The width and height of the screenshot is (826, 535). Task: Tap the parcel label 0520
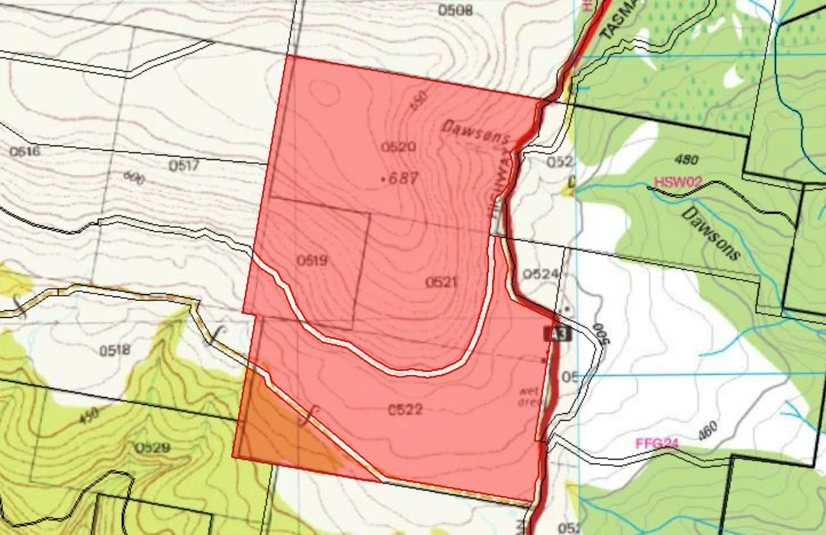coord(397,146)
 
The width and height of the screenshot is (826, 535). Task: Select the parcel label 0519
coord(311,261)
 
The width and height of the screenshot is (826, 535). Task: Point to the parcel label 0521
coord(441,283)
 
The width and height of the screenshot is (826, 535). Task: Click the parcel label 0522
coord(404,410)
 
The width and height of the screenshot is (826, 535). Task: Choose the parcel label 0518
coord(114,351)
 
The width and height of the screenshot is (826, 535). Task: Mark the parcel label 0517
coord(184,165)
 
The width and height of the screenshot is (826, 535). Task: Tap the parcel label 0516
coord(24,152)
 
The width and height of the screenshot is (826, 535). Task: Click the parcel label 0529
coord(153,447)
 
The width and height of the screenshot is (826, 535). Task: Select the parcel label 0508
coord(455,10)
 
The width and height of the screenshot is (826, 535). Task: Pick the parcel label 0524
coord(541,274)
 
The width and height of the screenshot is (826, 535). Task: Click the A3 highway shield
coord(558,334)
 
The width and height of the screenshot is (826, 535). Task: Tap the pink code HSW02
coord(677,183)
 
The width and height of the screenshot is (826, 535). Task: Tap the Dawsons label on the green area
coord(711,234)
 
